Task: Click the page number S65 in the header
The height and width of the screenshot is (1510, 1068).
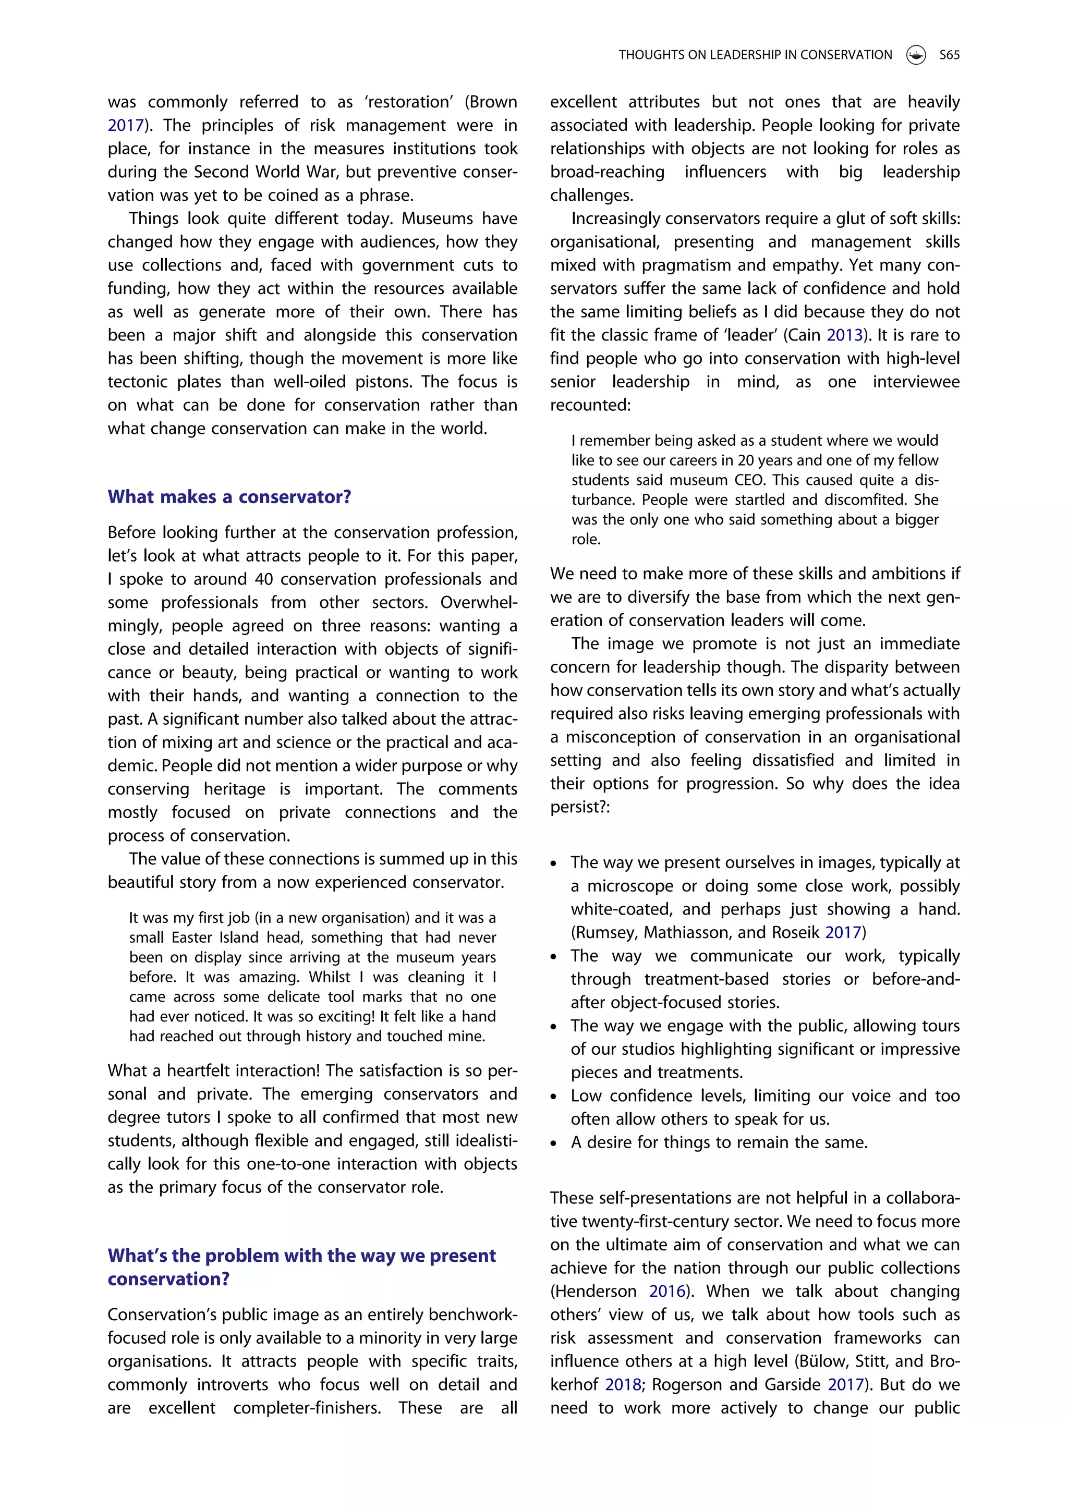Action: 949,55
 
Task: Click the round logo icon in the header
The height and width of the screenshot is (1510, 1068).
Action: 915,55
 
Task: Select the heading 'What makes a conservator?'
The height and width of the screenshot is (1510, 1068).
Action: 229,497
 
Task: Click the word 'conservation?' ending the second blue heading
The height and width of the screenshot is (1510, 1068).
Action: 168,1279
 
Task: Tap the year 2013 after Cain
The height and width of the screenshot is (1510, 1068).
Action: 844,335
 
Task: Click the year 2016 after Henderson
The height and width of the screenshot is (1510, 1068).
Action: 667,1292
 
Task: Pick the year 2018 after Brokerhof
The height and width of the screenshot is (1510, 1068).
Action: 623,1385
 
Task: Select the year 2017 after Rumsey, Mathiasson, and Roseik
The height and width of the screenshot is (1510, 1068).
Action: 843,933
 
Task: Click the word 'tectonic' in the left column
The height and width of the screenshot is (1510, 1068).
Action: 135,382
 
